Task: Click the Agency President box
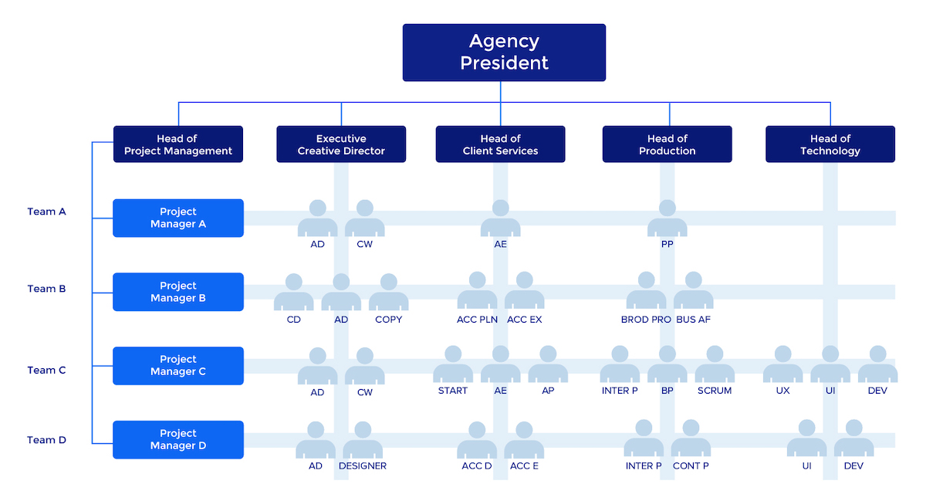coord(504,52)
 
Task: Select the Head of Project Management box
coord(178,144)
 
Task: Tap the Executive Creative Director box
coord(341,144)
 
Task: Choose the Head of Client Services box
coord(500,144)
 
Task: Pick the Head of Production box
coord(667,144)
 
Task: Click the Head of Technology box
coord(830,144)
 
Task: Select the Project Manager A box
coord(178,218)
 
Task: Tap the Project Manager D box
coord(178,439)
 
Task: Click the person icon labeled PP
coord(667,219)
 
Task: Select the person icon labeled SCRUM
coord(715,365)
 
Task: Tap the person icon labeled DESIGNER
coord(363,440)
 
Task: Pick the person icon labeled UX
coord(783,365)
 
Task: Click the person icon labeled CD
coord(294,293)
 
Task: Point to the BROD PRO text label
coord(646,320)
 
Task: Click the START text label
coord(453,391)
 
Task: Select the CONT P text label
coord(691,466)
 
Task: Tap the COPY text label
coord(389,320)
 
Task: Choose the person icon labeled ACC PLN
coord(478,291)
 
